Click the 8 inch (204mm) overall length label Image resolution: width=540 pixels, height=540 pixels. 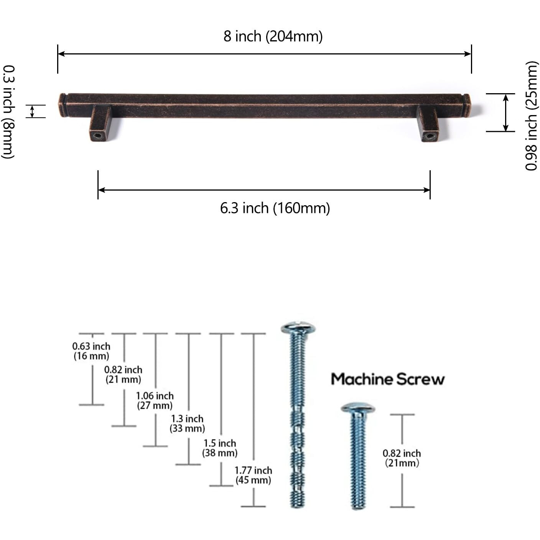273,36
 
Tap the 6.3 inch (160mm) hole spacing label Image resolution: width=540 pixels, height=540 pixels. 275,209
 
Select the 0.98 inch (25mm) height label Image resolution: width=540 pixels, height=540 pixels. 532,115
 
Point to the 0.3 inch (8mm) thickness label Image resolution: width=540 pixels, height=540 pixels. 8,112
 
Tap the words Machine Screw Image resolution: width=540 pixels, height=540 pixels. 388,379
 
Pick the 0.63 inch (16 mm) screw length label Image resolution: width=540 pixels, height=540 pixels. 91,351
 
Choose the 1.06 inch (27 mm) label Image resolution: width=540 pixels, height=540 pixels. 155,400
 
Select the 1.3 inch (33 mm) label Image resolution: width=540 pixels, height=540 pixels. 187,423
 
